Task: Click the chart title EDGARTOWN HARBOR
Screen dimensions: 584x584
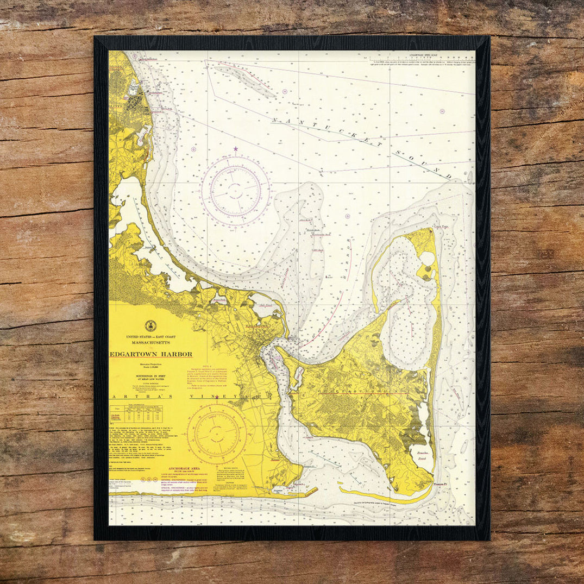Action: [150, 354]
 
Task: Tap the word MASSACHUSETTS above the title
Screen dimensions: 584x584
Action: [150, 343]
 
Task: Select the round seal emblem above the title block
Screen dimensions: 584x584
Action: [150, 326]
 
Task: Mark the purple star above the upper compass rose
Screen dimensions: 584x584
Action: [235, 148]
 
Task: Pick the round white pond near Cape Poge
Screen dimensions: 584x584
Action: [428, 259]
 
